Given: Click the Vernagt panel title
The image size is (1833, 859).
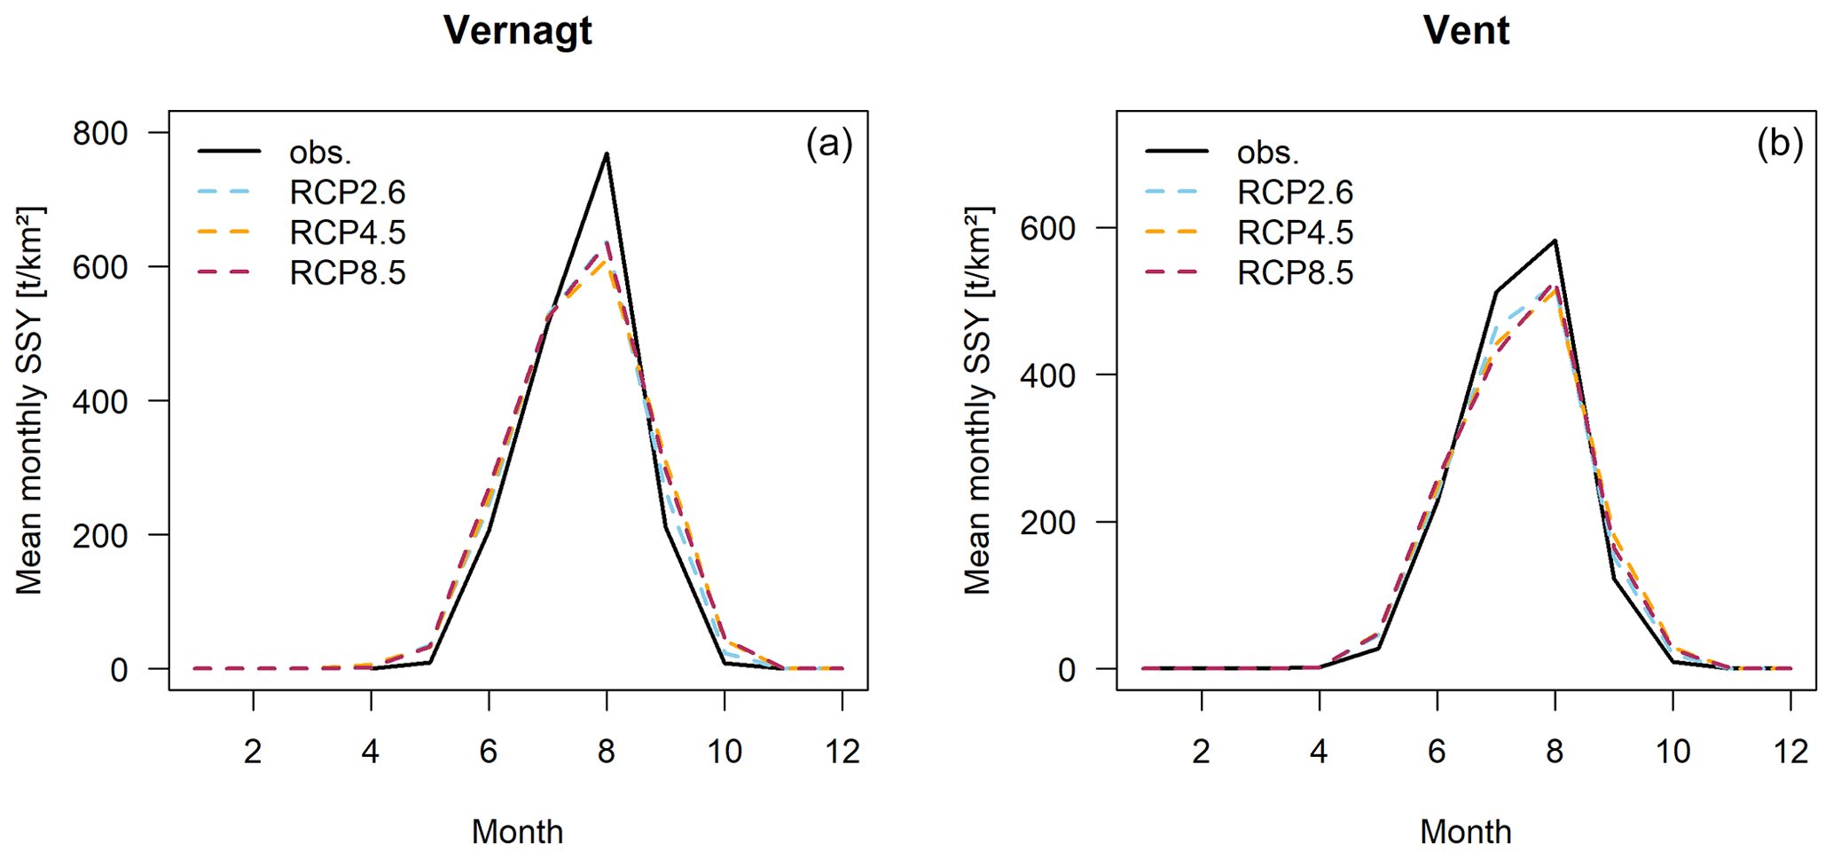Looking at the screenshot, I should [x=517, y=31].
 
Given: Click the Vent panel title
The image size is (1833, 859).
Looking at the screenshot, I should [x=1466, y=31].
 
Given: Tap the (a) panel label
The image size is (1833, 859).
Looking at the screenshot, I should [x=829, y=143].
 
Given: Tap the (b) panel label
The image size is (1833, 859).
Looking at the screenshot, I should [x=1779, y=143].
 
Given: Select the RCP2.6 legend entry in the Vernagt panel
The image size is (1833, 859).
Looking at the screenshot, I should [x=347, y=193].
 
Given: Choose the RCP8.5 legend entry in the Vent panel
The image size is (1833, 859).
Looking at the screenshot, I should [x=1295, y=272].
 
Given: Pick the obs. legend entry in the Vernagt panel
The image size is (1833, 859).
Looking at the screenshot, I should [x=320, y=153].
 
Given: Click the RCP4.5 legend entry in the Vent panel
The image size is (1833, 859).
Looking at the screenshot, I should [x=1295, y=232].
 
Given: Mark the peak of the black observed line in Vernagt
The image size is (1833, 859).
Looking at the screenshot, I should [x=607, y=154].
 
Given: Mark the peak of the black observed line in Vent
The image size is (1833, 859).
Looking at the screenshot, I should [x=1555, y=240].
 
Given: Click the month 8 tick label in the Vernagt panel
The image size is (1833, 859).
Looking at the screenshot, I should [x=607, y=752].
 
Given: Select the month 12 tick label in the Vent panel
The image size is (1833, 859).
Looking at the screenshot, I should [x=1790, y=752].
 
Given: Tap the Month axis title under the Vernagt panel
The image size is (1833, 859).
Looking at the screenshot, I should [x=517, y=831].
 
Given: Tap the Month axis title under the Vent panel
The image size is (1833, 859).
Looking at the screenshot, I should [x=1466, y=831].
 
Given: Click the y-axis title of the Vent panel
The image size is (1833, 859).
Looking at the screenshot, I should [x=977, y=400].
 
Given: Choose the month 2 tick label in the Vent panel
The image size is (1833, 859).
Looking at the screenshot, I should [x=1202, y=752].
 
